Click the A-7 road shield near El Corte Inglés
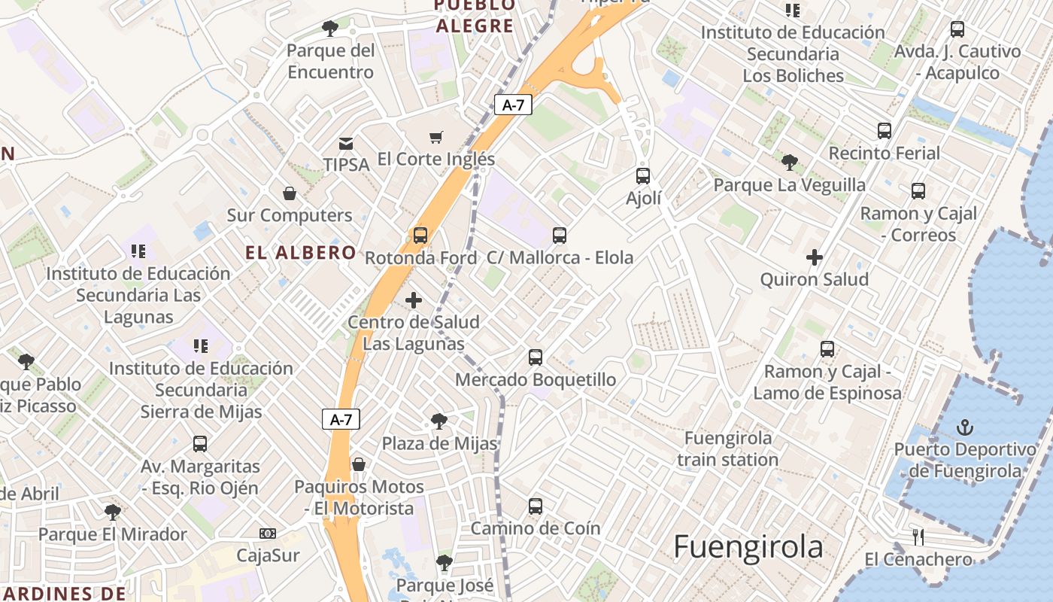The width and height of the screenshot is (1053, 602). (x=513, y=105)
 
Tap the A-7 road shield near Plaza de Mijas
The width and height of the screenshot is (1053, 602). (x=341, y=420)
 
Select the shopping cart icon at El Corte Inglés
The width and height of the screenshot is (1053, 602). (x=436, y=137)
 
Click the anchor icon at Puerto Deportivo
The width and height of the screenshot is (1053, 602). (x=964, y=428)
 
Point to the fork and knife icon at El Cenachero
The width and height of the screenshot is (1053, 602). (x=918, y=537)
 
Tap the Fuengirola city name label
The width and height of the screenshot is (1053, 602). (x=748, y=547)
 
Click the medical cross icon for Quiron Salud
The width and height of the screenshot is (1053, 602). (x=814, y=257)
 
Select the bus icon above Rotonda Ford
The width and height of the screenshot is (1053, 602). (x=420, y=236)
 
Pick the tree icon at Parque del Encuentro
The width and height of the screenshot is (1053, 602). (x=329, y=29)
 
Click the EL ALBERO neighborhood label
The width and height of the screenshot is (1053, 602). (x=300, y=253)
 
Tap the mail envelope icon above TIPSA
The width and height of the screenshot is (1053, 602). (x=346, y=143)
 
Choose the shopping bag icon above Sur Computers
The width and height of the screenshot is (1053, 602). (x=290, y=194)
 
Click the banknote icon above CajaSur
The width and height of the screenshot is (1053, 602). (x=268, y=534)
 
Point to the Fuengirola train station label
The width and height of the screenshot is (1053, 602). (x=727, y=448)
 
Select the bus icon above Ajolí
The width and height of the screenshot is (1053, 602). (x=643, y=176)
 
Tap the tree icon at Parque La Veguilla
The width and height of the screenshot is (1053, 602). (x=789, y=163)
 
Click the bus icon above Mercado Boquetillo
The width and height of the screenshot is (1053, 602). (x=536, y=357)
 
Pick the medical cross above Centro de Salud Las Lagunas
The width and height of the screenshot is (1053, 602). (x=413, y=300)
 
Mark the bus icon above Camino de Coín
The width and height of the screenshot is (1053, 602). (x=536, y=506)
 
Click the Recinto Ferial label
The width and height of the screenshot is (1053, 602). (x=885, y=154)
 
